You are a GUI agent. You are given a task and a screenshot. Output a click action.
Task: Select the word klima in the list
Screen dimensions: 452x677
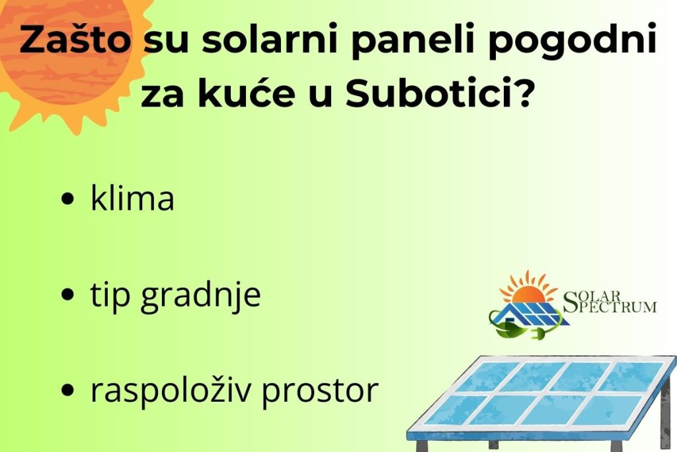tap(132, 199)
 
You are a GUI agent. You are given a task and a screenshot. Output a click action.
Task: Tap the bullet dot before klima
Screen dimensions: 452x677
tap(66, 200)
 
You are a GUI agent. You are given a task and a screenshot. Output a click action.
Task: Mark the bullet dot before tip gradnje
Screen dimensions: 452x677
tap(66, 296)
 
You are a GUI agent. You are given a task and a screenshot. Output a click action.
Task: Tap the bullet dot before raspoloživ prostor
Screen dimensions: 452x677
tap(66, 392)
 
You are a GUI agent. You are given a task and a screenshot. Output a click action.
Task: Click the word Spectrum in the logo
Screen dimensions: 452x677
tap(615, 306)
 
